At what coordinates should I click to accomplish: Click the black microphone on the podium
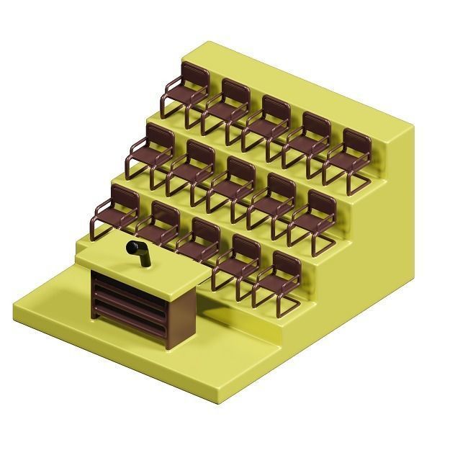click(138, 252)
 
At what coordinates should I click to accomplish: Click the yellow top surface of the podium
click(144, 266)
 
